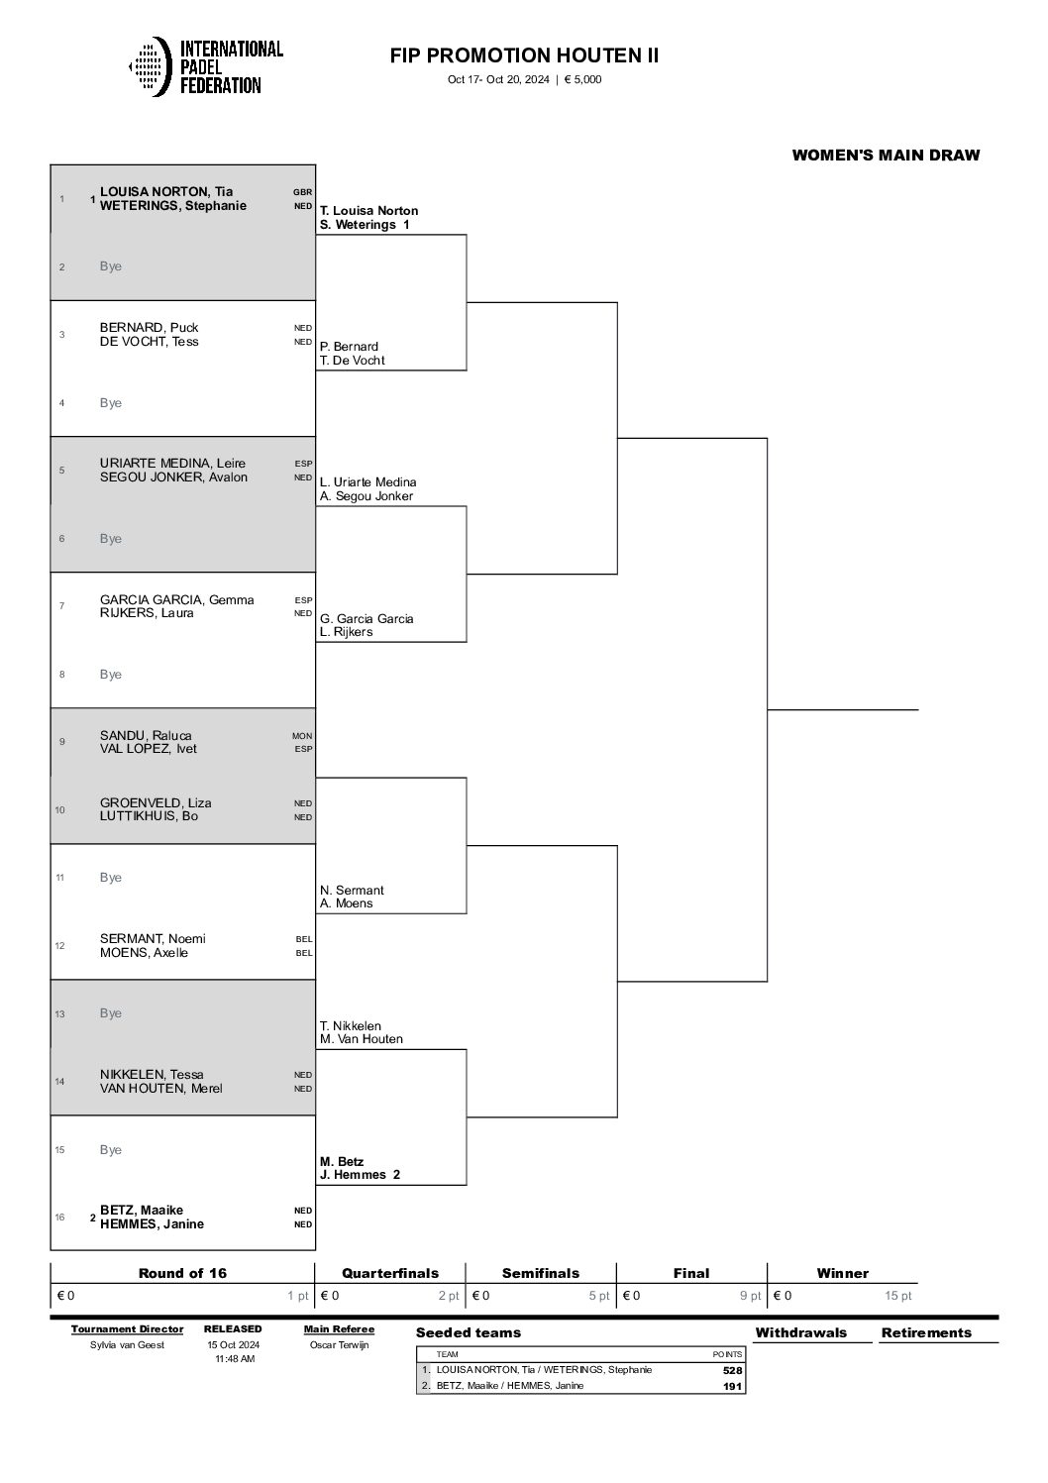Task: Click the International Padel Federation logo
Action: pos(206,66)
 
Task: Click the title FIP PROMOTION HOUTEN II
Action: pos(524,55)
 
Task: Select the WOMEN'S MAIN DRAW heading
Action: pos(886,155)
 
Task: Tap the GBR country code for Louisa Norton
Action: pos(302,192)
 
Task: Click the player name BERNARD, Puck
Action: pos(149,327)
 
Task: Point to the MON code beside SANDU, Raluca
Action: pos(302,735)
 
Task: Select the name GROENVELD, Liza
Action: pos(156,802)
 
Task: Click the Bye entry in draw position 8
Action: pos(111,674)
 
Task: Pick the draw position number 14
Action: pos(59,1081)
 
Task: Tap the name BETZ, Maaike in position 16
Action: pos(142,1210)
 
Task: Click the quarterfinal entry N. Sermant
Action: pos(352,890)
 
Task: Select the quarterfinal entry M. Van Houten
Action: pos(362,1039)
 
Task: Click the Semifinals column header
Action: pos(540,1273)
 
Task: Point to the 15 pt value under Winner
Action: pos(897,1296)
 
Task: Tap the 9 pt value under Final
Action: pos(750,1296)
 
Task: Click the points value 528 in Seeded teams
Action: pos(732,1370)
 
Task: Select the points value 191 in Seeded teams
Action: pos(732,1386)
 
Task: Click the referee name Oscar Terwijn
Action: pos(339,1344)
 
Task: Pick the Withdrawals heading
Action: pos(800,1332)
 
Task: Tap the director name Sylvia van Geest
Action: pos(127,1344)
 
